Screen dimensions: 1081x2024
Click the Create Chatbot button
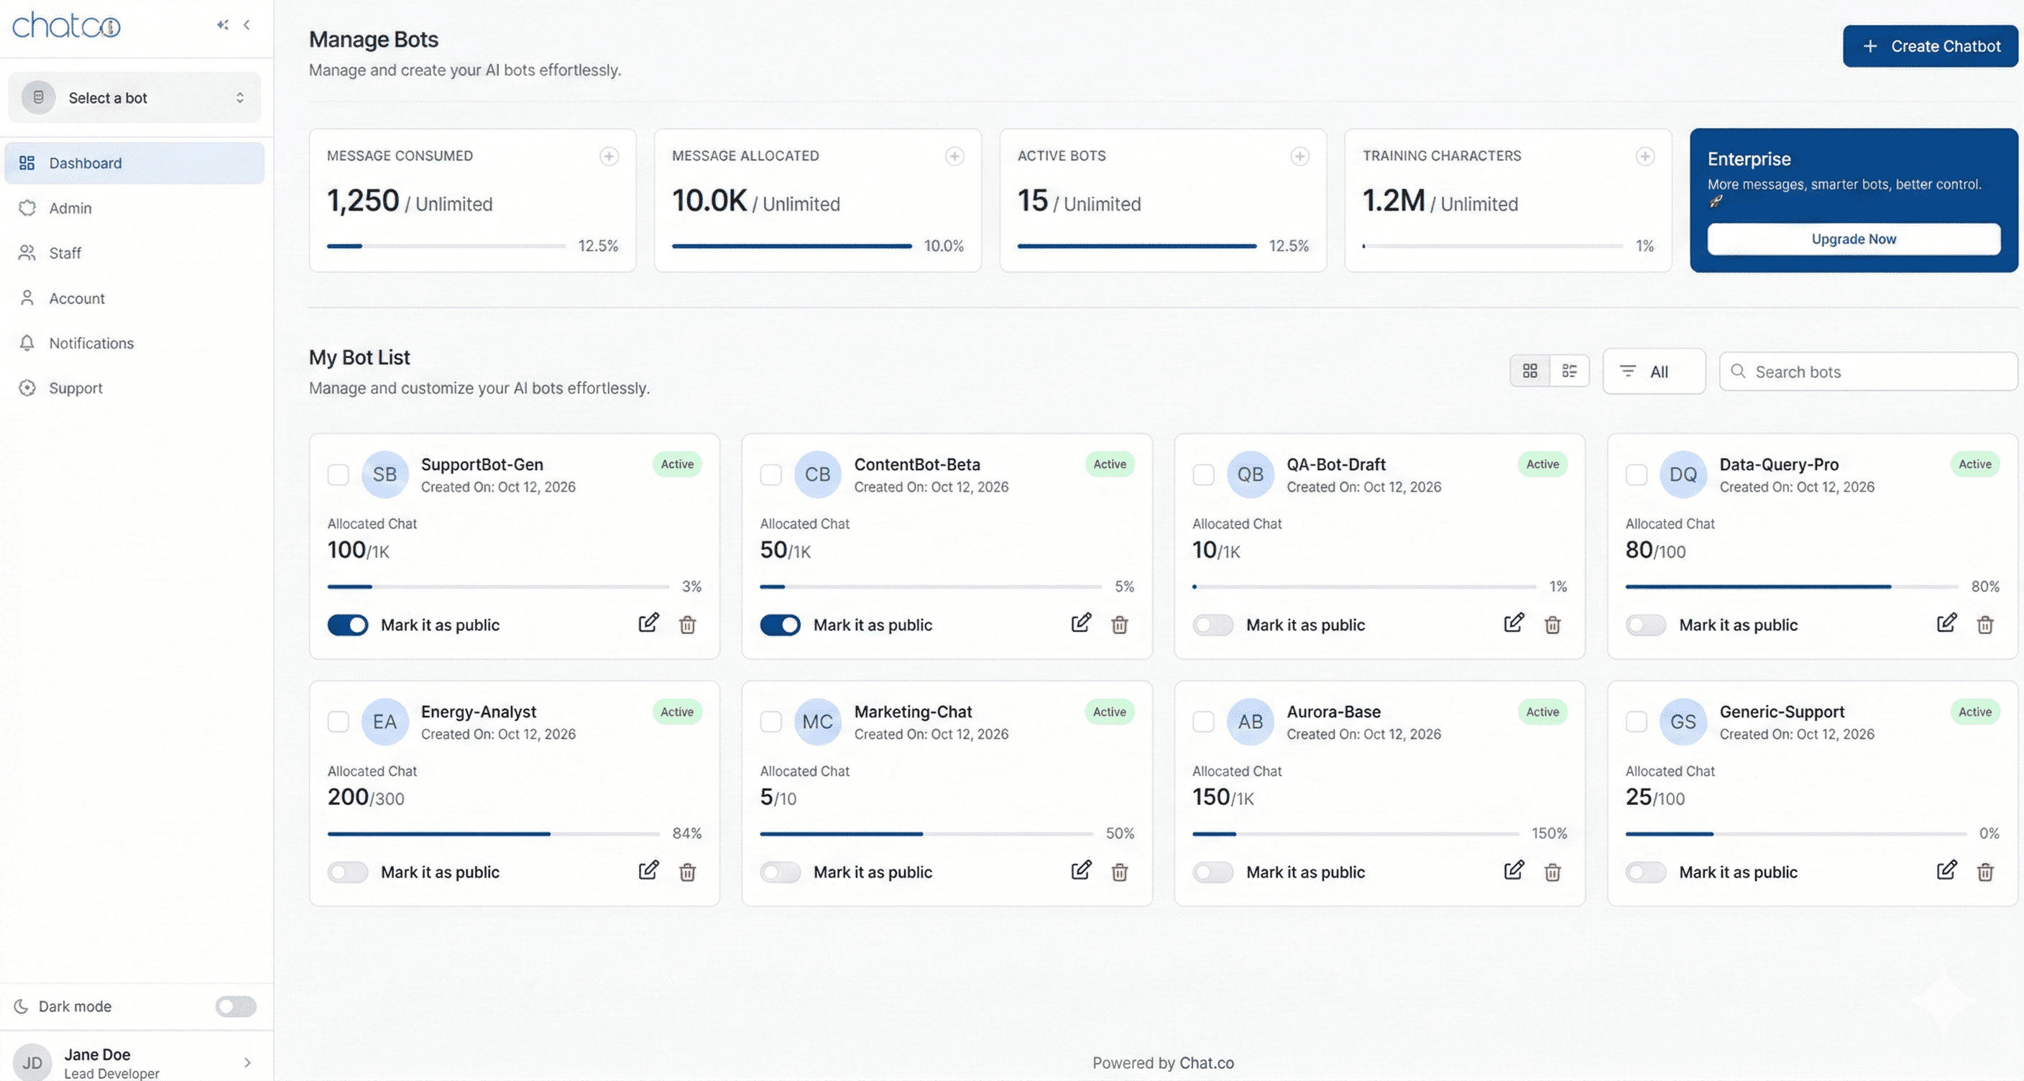tap(1930, 46)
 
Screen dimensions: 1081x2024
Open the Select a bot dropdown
tap(134, 98)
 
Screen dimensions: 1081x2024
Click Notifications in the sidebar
tap(91, 344)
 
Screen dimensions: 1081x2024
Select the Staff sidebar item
tap(65, 253)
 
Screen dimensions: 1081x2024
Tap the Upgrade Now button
tap(1853, 239)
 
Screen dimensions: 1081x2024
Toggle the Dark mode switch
tap(236, 1006)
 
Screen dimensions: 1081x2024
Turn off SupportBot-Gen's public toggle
tap(347, 625)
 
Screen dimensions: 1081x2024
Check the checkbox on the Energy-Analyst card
tap(338, 721)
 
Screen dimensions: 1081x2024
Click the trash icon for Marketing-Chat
tap(1120, 872)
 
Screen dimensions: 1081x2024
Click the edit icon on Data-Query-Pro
tap(1946, 624)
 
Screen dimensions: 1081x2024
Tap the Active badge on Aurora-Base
tap(1542, 712)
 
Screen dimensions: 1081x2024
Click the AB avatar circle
tap(1249, 721)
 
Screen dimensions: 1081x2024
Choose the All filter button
tap(1653, 372)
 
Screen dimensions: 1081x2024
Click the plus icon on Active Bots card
tap(1299, 157)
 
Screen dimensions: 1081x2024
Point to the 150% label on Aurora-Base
tap(1549, 834)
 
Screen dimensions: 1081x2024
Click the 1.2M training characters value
tap(1393, 201)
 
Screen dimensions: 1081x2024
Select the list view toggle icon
tap(1569, 371)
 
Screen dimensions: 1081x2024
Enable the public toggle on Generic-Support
tap(1645, 872)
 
